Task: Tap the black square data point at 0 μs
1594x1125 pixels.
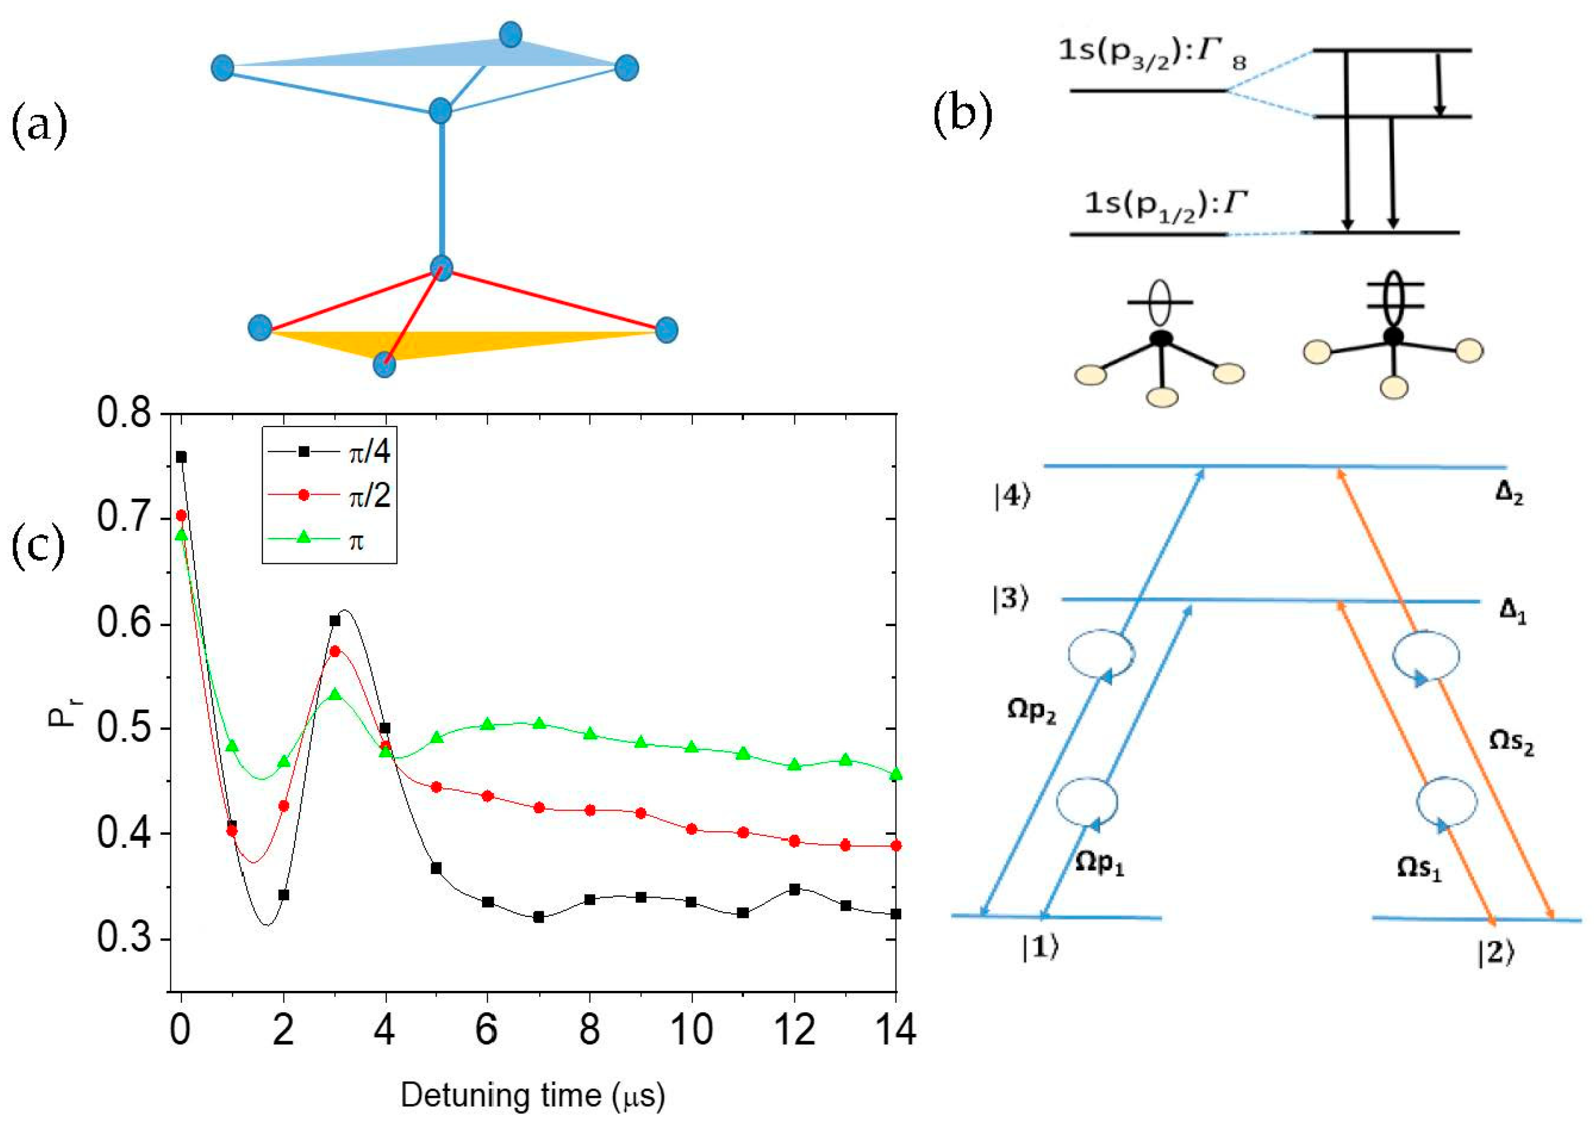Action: [181, 457]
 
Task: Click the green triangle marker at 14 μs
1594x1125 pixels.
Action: [896, 773]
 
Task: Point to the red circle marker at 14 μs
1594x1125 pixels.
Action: [896, 846]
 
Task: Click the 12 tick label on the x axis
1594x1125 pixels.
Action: [794, 1029]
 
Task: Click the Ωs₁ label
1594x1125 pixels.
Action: [1419, 868]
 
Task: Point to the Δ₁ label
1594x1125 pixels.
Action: [1512, 611]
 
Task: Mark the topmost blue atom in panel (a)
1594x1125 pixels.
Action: [510, 35]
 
